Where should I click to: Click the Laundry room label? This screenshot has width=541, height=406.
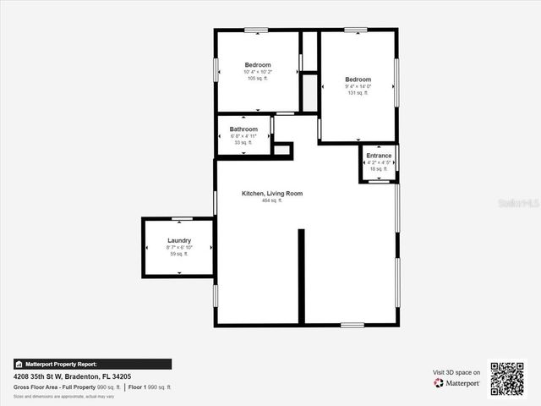click(x=179, y=241)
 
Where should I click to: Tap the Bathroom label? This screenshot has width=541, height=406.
click(x=243, y=129)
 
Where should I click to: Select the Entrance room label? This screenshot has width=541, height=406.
click(x=379, y=156)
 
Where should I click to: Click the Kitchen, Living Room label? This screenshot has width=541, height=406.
click(x=272, y=194)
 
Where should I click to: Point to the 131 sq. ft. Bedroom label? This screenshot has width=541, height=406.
click(x=358, y=80)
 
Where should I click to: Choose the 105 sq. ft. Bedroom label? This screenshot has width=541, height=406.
click(x=258, y=65)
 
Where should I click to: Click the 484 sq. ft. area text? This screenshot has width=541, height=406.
click(x=272, y=200)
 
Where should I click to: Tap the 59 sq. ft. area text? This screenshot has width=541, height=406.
click(x=179, y=254)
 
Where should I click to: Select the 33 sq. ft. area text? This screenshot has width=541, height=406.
click(x=243, y=142)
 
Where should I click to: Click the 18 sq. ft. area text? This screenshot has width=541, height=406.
click(x=379, y=168)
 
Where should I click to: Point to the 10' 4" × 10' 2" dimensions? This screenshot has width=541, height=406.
click(x=258, y=72)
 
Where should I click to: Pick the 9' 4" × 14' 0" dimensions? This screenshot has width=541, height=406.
click(x=358, y=86)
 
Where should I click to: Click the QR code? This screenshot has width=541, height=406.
click(x=507, y=379)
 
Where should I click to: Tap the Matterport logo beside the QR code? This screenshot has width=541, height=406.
click(x=457, y=383)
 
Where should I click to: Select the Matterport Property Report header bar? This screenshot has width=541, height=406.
click(x=92, y=365)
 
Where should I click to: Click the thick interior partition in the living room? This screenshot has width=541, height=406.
click(x=301, y=276)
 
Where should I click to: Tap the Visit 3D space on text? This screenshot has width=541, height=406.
click(x=456, y=372)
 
